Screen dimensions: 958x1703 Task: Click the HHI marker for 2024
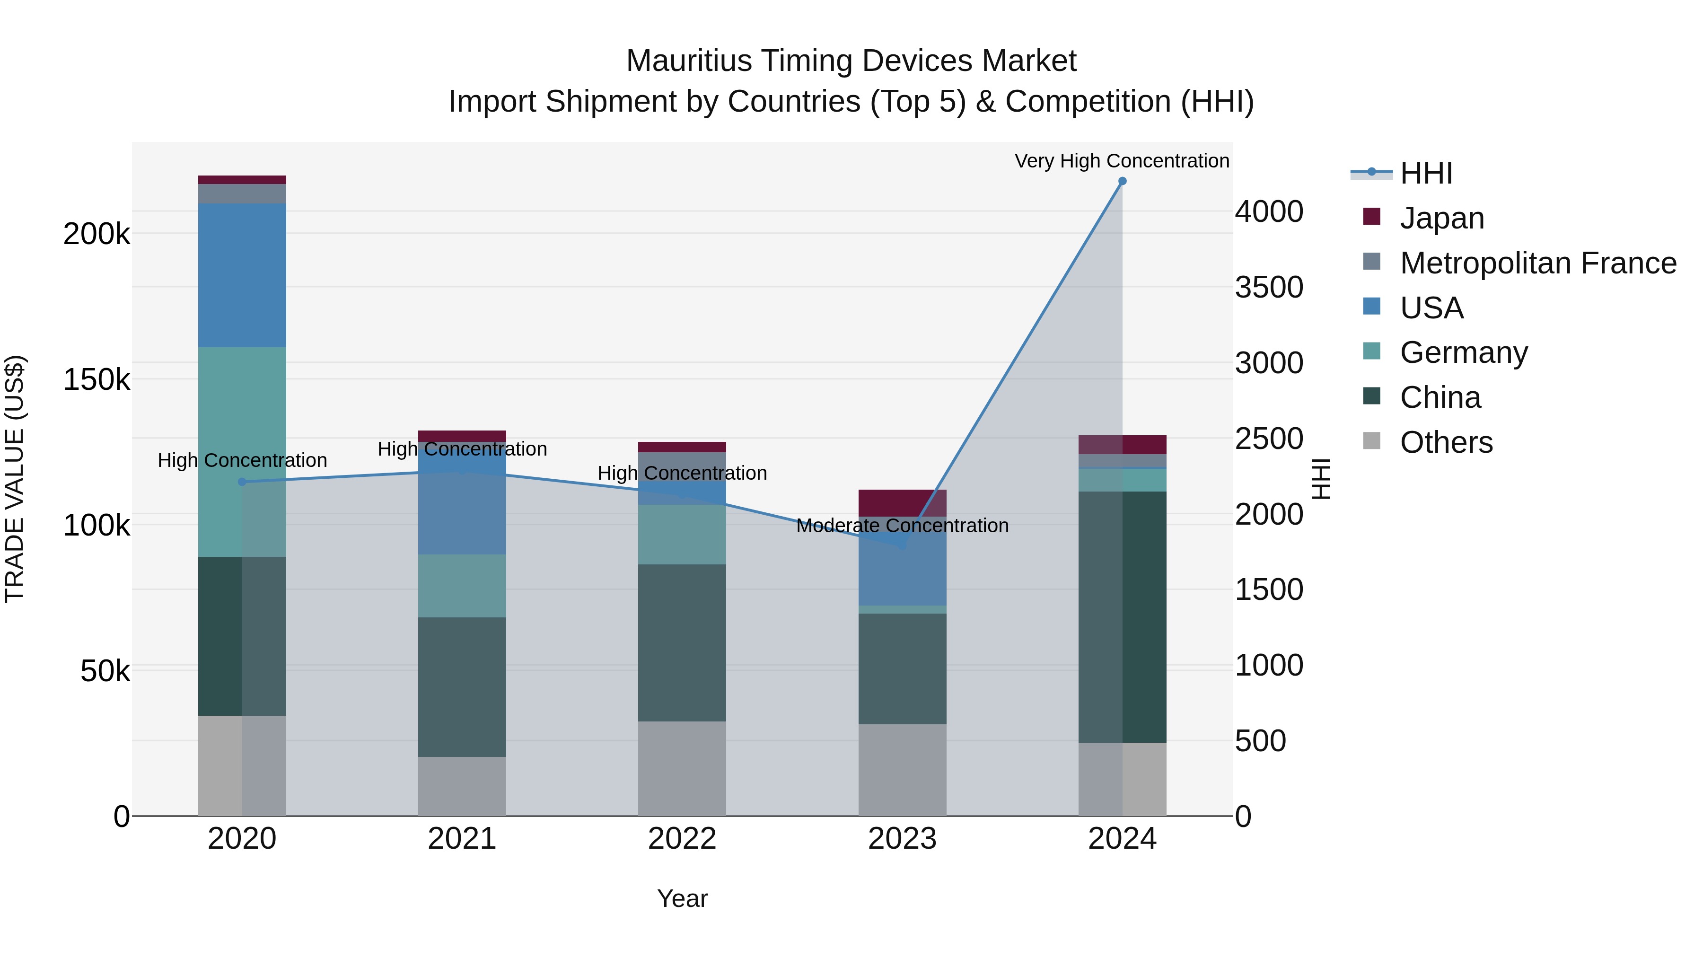pyautogui.click(x=1122, y=181)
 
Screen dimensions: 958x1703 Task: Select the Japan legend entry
pyautogui.click(x=1441, y=218)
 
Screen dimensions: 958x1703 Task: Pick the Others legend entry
pyautogui.click(x=1446, y=442)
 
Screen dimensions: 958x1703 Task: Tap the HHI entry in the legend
pyautogui.click(x=1426, y=173)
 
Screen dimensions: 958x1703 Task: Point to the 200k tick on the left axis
pyautogui.click(x=96, y=234)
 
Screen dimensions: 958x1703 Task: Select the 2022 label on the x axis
pyautogui.click(x=682, y=839)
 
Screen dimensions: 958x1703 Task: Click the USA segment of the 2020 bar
pyautogui.click(x=242, y=275)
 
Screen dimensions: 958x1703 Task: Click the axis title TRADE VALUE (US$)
pyautogui.click(x=15, y=479)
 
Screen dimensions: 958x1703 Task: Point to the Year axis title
pyautogui.click(x=682, y=898)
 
